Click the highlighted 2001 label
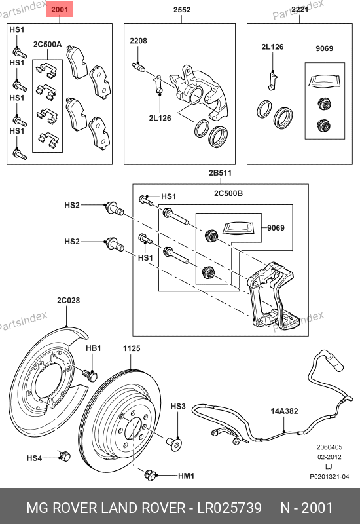coord(59,9)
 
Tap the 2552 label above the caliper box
coord(182,10)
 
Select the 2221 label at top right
coord(300,10)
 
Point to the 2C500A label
coord(47,44)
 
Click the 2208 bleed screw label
coord(138,41)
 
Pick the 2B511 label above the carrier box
coord(220,173)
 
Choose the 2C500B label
coord(228,193)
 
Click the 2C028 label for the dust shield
coord(69,300)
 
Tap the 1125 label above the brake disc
coord(132,348)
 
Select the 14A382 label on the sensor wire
coord(284,411)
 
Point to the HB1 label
coord(94,348)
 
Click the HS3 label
coord(178,406)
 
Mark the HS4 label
coord(35,458)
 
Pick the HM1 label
coord(187,476)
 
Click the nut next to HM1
coord(151,474)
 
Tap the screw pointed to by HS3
coord(174,443)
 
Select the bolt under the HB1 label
coord(90,375)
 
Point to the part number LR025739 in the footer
coord(230,508)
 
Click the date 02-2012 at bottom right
coord(329,457)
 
